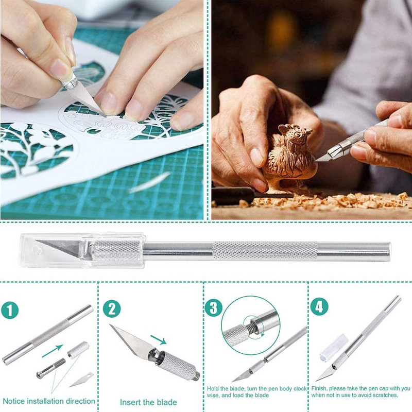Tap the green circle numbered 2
click(112, 309)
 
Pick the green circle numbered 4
click(319, 307)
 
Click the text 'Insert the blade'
click(148, 402)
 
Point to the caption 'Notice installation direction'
click(49, 401)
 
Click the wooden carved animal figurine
click(288, 154)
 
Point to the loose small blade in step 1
click(81, 380)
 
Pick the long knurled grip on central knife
click(265, 250)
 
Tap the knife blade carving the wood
click(325, 155)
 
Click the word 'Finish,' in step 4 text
click(321, 388)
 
